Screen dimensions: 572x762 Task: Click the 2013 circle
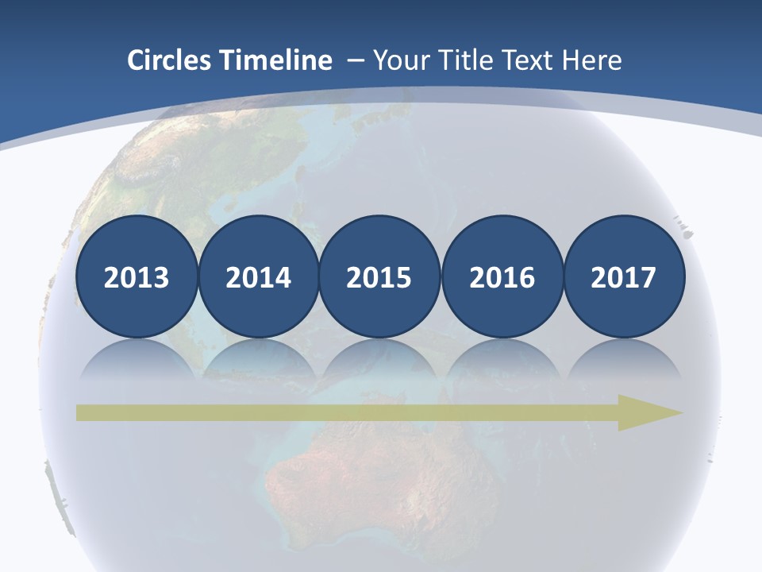(137, 277)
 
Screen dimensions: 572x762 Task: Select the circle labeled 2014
(259, 277)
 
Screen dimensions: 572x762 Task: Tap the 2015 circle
(379, 277)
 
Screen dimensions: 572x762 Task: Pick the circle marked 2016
(502, 277)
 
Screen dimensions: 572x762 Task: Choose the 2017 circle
(624, 277)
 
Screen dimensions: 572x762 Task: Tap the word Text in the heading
(528, 60)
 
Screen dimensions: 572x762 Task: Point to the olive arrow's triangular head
(647, 412)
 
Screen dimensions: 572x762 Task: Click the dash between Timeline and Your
(355, 61)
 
